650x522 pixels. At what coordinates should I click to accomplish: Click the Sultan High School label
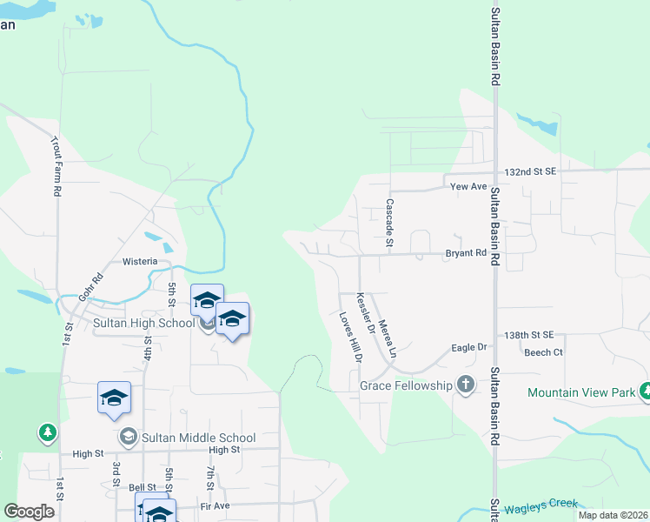click(x=144, y=324)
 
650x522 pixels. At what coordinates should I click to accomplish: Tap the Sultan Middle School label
click(x=199, y=438)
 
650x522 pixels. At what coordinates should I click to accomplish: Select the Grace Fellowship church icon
click(x=466, y=385)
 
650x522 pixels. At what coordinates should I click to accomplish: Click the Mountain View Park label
click(x=581, y=392)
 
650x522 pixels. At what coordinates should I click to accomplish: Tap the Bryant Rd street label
click(x=465, y=253)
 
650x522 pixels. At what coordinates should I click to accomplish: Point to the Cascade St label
click(x=389, y=224)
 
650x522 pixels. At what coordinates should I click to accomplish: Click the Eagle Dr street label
click(x=468, y=347)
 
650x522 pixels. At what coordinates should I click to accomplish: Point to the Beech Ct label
click(x=543, y=352)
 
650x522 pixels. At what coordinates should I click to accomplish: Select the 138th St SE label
click(x=529, y=335)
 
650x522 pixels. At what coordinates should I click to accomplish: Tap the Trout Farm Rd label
click(x=56, y=165)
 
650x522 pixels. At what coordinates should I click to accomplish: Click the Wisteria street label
click(x=140, y=261)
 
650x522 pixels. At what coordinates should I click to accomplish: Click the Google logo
click(x=30, y=512)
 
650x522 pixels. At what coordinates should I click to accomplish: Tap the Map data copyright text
click(x=613, y=515)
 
